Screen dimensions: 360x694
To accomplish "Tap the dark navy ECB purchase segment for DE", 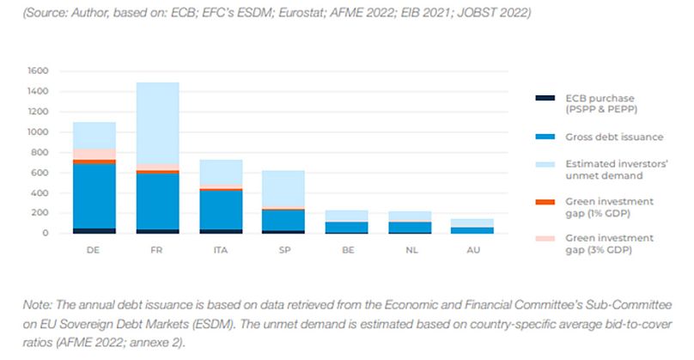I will (x=94, y=230).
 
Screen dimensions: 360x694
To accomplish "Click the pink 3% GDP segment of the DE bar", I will (x=94, y=154).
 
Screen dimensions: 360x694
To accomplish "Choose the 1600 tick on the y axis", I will (x=38, y=70).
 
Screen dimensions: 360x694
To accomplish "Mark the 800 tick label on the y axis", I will (x=40, y=152).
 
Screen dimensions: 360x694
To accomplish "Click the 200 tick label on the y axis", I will (x=40, y=212).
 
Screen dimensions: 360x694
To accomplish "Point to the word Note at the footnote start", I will (x=21, y=306).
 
